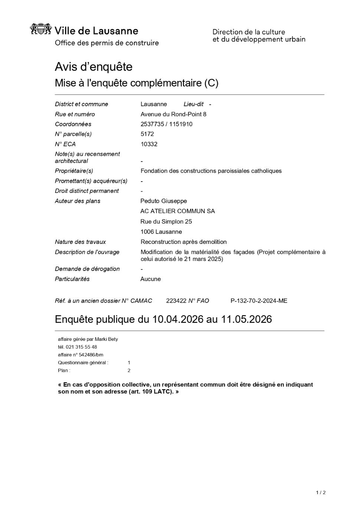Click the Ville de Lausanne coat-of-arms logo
click(40, 29)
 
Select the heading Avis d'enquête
click(94, 67)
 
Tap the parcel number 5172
click(147, 134)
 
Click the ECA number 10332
click(149, 144)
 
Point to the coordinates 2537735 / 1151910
click(166, 124)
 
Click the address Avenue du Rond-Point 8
click(173, 114)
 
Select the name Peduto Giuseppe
click(164, 201)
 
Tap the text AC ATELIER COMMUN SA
click(177, 211)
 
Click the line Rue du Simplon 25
click(166, 221)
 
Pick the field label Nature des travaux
click(80, 242)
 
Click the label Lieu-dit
click(193, 104)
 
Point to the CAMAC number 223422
click(176, 301)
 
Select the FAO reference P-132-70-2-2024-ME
click(259, 301)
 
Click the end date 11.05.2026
click(246, 319)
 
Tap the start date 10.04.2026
click(178, 319)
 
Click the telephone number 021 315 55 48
click(81, 347)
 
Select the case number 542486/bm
click(91, 355)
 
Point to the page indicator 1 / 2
click(321, 493)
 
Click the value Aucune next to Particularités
click(150, 279)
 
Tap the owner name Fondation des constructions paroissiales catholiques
click(211, 171)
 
